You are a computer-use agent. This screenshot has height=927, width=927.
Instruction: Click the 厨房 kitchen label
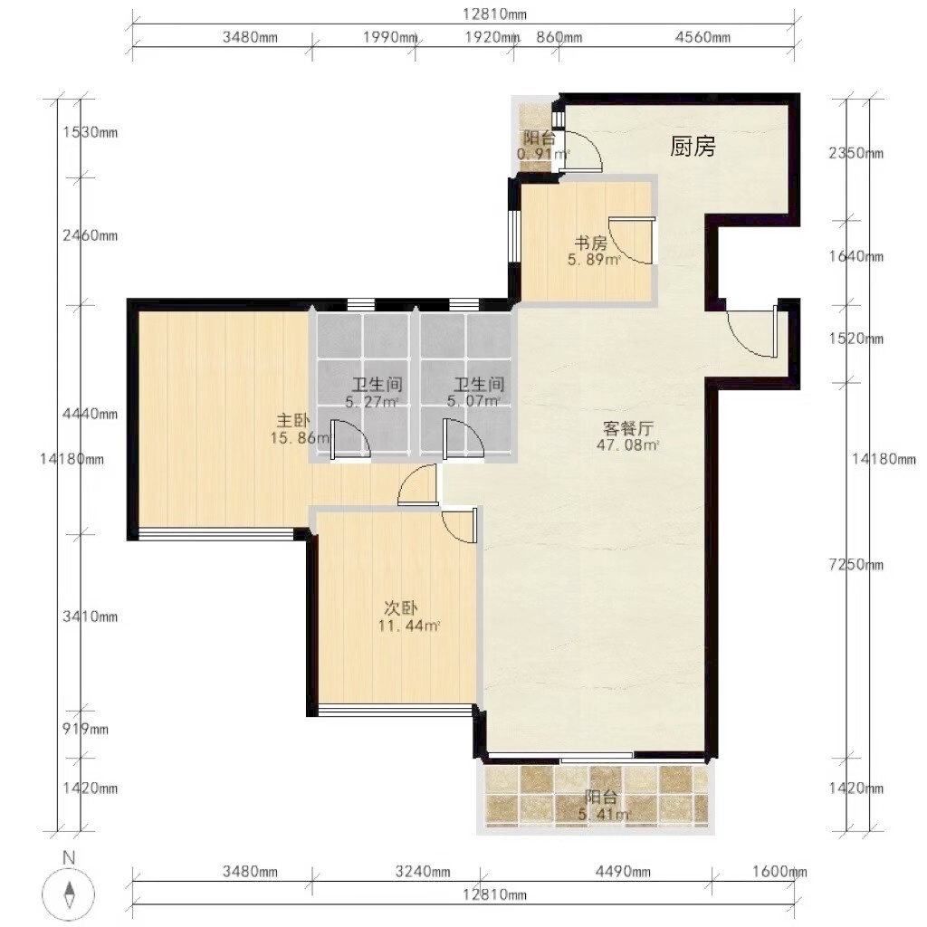point(693,146)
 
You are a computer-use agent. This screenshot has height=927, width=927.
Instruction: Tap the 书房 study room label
point(590,243)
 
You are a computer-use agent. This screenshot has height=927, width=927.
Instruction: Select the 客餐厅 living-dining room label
point(627,428)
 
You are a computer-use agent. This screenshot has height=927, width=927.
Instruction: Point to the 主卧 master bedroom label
point(292,421)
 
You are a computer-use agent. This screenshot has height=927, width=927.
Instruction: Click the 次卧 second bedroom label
point(401,607)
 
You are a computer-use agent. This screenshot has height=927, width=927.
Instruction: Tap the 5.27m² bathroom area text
point(372,402)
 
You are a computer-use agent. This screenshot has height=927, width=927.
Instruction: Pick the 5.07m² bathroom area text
point(473,401)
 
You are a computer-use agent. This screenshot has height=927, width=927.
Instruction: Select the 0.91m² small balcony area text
point(543,154)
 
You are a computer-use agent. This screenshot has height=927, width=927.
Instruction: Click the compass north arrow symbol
point(69,894)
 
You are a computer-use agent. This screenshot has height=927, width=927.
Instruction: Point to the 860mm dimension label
point(559,37)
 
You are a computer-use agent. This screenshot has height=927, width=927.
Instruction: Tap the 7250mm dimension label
point(856,565)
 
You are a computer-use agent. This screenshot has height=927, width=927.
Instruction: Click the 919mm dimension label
point(86,729)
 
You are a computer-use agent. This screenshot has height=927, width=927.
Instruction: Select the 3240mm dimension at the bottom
point(423,872)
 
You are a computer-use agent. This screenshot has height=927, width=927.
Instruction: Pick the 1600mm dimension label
point(779,872)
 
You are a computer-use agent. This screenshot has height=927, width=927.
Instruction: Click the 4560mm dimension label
point(702,37)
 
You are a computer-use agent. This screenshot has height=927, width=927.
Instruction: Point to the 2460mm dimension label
point(91,235)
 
